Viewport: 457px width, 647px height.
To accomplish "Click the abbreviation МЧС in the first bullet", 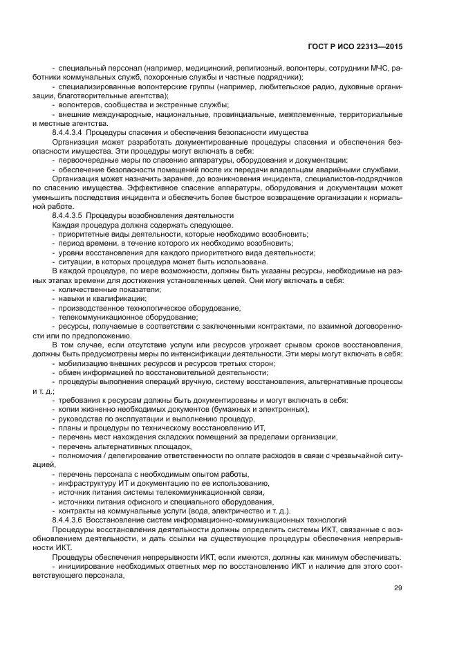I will pos(379,69).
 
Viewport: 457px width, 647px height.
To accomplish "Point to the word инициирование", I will pos(88,565).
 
